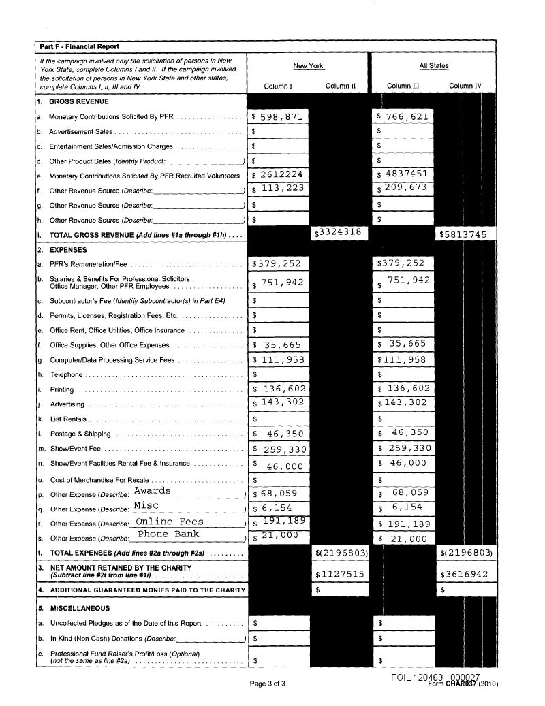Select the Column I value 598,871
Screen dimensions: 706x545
coord(277,116)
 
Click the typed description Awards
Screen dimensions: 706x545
coord(152,491)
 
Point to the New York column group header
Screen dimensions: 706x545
coord(309,66)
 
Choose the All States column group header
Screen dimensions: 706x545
coord(434,66)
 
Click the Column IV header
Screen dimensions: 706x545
coord(466,86)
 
